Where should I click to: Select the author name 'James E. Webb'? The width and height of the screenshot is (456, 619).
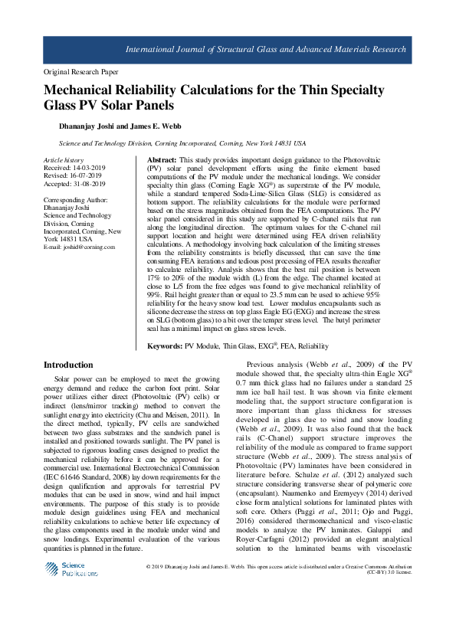(x=155, y=126)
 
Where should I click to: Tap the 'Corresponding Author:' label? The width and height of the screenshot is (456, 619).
(x=74, y=199)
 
